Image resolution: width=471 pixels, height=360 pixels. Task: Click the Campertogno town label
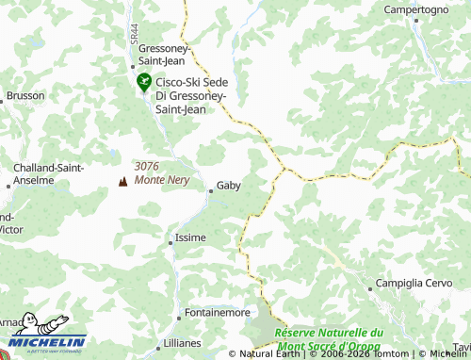[x=415, y=9]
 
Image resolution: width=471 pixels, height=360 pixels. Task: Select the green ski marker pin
[x=143, y=82]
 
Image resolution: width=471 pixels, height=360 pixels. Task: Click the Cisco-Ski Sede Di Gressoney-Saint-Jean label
[x=190, y=95]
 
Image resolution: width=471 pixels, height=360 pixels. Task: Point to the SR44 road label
[x=135, y=32]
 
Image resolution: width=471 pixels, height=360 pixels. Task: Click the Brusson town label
[x=25, y=96]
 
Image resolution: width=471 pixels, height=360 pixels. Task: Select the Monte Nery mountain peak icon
[x=122, y=181]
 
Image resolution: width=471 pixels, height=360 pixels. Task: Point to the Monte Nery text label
[x=162, y=180]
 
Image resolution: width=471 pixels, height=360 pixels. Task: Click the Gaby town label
[x=229, y=186]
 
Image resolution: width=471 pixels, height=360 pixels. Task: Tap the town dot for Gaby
[x=211, y=191]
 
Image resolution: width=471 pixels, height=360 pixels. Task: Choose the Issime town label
[x=191, y=237]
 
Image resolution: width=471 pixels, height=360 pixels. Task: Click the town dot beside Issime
[x=171, y=242]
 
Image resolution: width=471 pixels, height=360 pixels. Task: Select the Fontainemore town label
[x=218, y=312]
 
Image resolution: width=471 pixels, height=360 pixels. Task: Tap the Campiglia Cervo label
[x=415, y=284]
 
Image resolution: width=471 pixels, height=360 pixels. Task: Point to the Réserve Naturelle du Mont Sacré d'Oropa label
[x=329, y=339]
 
